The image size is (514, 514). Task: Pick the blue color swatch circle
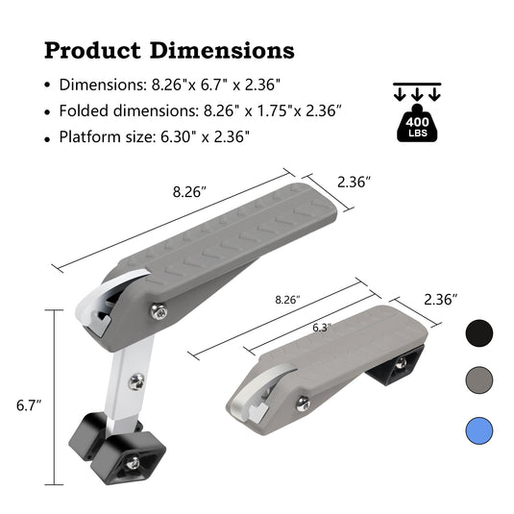478,428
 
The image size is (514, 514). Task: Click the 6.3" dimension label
322,328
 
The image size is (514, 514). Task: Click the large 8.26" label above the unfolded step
189,191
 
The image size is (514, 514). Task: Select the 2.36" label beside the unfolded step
354,182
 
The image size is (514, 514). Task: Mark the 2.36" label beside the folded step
441,300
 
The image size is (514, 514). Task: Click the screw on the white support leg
138,381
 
